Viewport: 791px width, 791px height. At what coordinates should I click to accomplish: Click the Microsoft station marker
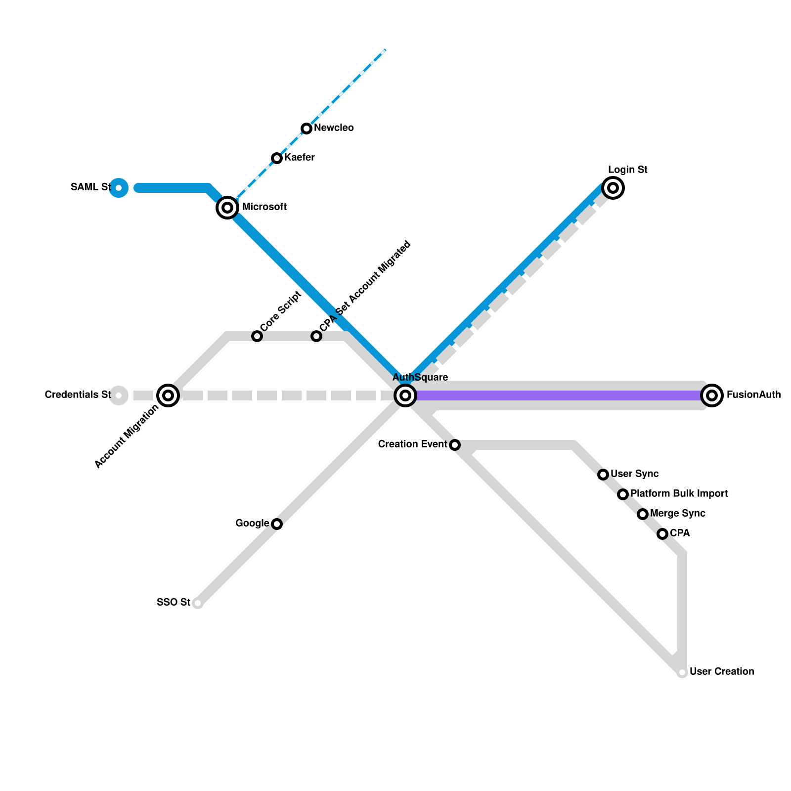tap(227, 208)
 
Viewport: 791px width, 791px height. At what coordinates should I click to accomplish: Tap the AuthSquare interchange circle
tap(405, 395)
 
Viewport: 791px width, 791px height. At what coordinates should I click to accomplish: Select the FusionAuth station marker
tap(712, 395)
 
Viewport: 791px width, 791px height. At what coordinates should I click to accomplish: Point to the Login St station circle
tap(613, 188)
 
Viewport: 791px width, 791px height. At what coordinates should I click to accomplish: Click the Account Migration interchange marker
tap(168, 395)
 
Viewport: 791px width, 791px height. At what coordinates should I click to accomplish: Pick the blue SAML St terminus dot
tap(119, 188)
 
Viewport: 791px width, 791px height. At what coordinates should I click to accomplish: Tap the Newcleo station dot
tap(307, 129)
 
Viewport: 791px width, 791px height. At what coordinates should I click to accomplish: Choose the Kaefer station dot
tap(277, 158)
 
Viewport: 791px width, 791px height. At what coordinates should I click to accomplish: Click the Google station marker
tap(277, 524)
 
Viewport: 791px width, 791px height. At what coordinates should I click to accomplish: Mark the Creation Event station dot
tap(455, 445)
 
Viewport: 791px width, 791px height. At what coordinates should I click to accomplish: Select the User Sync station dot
tap(603, 475)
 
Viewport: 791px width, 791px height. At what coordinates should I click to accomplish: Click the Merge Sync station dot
tap(643, 514)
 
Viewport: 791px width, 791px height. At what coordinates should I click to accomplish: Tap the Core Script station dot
tap(257, 336)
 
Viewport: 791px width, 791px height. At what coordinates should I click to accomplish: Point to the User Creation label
tap(721, 671)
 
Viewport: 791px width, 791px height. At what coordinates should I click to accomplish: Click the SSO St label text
tap(173, 602)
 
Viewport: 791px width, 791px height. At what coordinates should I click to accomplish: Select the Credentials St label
tap(78, 395)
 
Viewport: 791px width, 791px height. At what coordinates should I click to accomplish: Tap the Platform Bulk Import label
tap(679, 493)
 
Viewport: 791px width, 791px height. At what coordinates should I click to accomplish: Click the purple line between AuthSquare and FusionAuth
tap(559, 395)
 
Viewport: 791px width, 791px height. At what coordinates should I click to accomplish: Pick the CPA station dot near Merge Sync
tap(662, 534)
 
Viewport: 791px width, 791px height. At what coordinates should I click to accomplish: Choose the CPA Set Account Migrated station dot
tap(316, 336)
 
